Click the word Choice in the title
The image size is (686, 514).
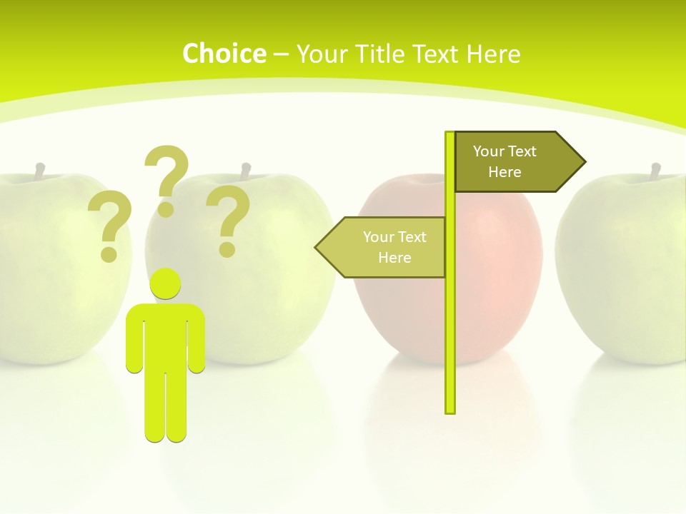point(224,54)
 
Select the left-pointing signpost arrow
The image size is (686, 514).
point(382,247)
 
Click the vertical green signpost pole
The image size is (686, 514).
point(450,321)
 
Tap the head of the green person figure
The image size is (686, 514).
point(166,284)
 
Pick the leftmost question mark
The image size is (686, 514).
point(109,226)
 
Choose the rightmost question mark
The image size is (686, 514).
point(228,220)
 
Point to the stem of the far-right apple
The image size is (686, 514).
point(655,171)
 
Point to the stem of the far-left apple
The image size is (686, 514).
point(40,171)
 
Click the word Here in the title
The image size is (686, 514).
point(493,54)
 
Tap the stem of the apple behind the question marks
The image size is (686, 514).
point(246,171)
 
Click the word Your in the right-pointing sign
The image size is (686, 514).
point(489,151)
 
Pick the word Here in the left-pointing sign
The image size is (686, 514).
point(394,258)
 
